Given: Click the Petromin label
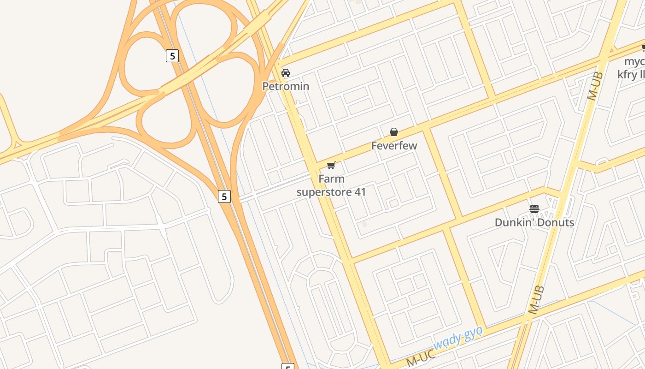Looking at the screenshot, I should click(x=286, y=86).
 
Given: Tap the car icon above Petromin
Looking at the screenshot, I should click(x=286, y=72).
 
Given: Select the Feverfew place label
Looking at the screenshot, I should click(x=394, y=146).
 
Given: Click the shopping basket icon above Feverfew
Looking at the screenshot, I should click(x=394, y=132).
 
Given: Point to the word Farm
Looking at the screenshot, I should click(x=331, y=179).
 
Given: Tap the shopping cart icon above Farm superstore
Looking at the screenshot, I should click(x=331, y=166).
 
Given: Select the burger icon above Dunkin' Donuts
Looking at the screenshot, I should click(x=534, y=209).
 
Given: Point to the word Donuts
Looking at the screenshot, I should click(x=554, y=222).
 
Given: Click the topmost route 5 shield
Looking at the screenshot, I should click(x=172, y=56).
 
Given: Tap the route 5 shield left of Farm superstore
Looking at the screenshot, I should click(x=224, y=196).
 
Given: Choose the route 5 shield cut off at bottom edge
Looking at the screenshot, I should click(x=287, y=367).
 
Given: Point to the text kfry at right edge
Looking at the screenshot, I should click(x=631, y=74).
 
